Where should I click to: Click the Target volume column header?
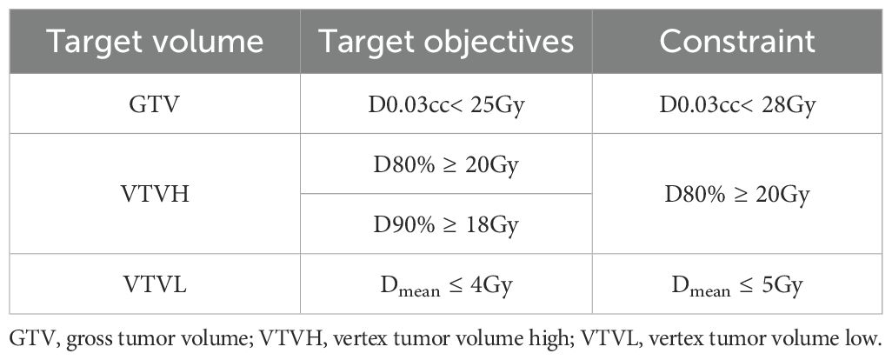tap(155, 42)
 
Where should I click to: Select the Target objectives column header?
tap(446, 42)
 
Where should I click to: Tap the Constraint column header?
tap(737, 42)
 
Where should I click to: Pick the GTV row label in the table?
tap(155, 106)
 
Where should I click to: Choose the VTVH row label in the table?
tap(155, 195)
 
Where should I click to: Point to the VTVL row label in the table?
tap(155, 284)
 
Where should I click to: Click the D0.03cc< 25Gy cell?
tap(446, 106)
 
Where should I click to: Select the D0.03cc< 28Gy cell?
tap(737, 106)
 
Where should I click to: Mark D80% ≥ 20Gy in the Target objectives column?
tap(446, 165)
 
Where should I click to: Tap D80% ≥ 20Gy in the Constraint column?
tap(737, 195)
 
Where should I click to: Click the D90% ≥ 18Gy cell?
tap(446, 225)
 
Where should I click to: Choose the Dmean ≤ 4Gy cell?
tap(446, 285)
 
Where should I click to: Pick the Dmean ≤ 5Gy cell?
tap(737, 285)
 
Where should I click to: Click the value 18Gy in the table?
tap(494, 226)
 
